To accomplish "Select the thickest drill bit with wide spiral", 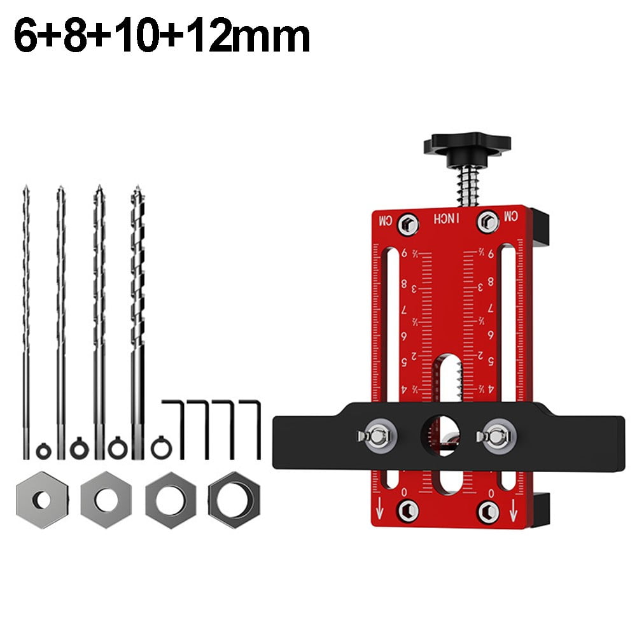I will coord(137,299).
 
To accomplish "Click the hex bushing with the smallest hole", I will coord(41,497).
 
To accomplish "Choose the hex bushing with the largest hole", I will coord(234,496).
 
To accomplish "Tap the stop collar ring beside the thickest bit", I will coord(158,449).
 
